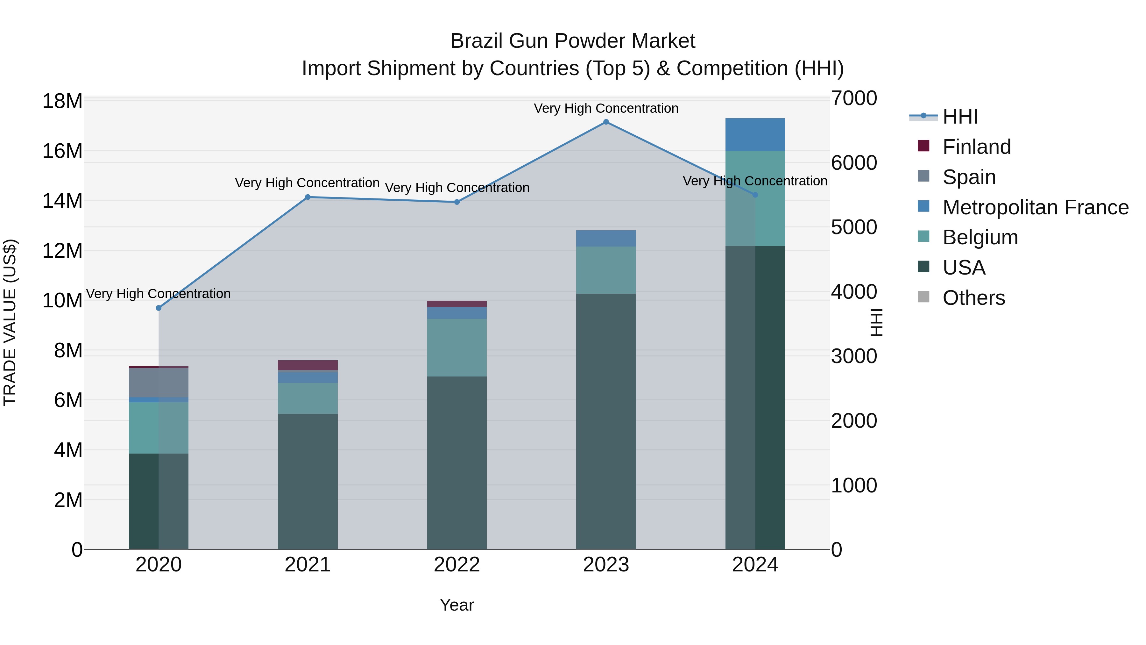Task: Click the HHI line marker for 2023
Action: [x=606, y=122]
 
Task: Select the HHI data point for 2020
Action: [x=159, y=308]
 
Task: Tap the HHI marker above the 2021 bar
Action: [x=308, y=197]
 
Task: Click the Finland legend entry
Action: [x=977, y=147]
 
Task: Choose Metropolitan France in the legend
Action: [x=1035, y=207]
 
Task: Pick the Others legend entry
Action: [x=973, y=298]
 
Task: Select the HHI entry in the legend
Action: [x=960, y=117]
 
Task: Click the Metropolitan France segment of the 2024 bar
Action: [x=755, y=134]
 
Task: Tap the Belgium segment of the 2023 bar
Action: [x=606, y=270]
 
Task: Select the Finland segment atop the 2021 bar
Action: [x=308, y=365]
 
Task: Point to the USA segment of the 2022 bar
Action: [x=457, y=463]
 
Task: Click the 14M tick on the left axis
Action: [x=62, y=201]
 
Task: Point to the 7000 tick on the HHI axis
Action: [x=854, y=98]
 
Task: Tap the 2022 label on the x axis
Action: [x=457, y=565]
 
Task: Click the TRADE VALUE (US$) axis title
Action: [x=10, y=322]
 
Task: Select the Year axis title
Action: [x=457, y=605]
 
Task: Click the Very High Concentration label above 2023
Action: [x=606, y=108]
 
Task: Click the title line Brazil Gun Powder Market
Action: [x=573, y=41]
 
